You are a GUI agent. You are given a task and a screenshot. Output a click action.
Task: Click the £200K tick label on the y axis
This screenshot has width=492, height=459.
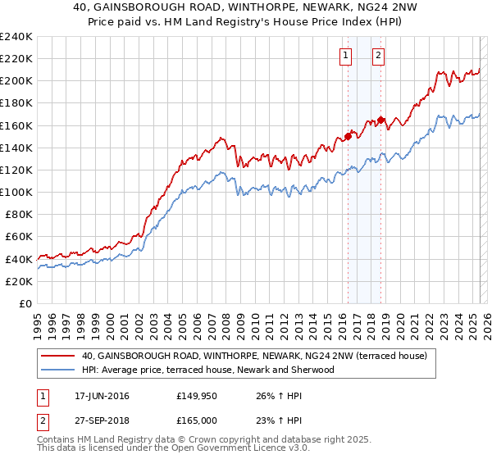(16, 81)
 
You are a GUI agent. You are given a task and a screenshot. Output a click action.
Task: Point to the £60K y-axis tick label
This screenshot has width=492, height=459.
(19, 236)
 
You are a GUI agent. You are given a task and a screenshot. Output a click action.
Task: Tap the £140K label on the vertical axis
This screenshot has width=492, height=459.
(16, 148)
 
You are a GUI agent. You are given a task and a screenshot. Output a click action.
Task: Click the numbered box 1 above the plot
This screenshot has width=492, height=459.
(344, 56)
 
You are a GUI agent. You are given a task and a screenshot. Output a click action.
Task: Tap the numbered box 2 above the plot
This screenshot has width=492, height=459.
(378, 56)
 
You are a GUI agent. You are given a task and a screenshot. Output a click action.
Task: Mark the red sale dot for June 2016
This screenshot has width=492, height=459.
(348, 136)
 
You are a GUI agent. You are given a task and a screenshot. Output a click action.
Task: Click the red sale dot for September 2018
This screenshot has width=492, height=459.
(380, 120)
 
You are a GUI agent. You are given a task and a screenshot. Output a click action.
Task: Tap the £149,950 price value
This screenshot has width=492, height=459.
(197, 397)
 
